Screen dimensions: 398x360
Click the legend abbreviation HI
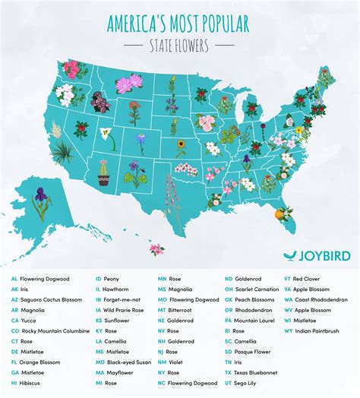(14, 383)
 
